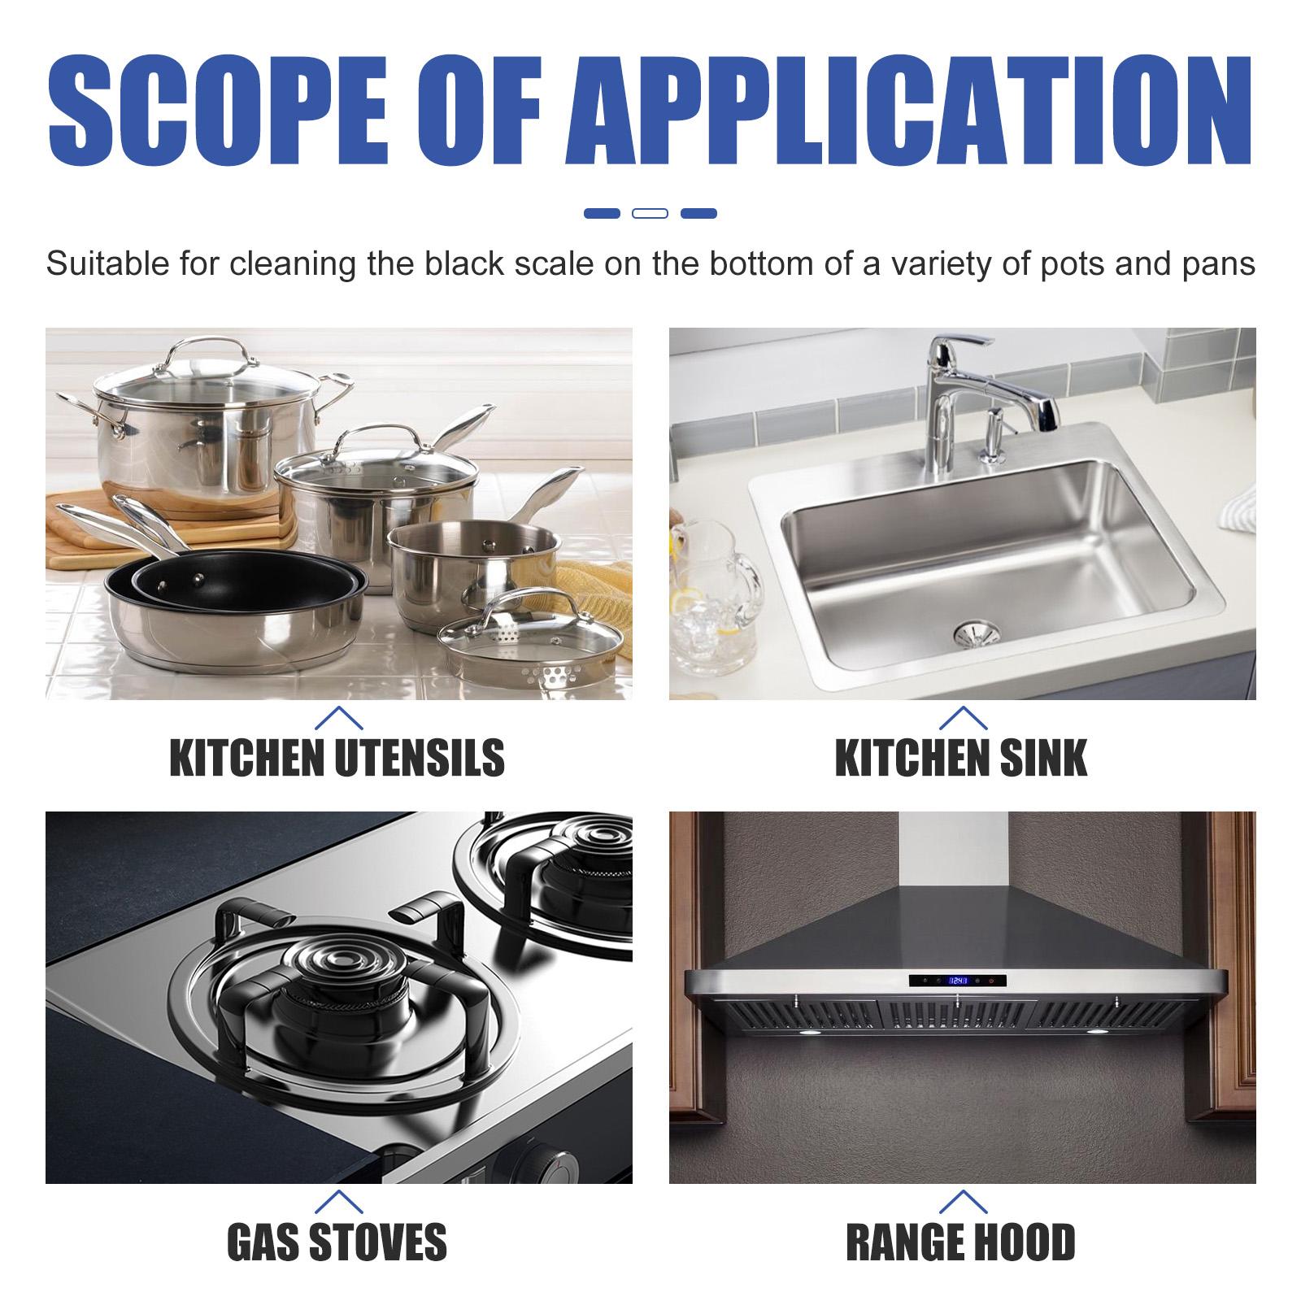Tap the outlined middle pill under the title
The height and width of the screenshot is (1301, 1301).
click(x=650, y=214)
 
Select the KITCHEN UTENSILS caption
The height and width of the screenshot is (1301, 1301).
click(x=337, y=758)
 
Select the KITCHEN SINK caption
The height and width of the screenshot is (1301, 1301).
click(x=961, y=758)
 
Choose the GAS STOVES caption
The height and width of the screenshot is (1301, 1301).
click(x=337, y=1242)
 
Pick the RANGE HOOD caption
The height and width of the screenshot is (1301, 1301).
click(x=961, y=1242)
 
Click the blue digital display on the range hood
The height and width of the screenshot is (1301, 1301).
click(x=959, y=981)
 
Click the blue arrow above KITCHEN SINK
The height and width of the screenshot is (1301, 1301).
click(x=963, y=717)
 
